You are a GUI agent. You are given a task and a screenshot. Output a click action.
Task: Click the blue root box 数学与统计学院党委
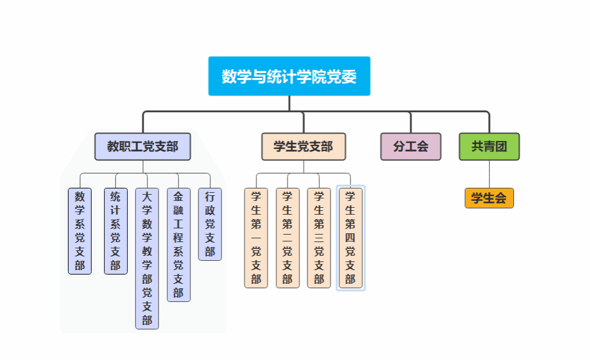click(289, 76)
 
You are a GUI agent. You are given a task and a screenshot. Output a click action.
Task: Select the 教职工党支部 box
click(142, 147)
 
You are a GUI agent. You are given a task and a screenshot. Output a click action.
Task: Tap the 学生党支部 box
click(303, 147)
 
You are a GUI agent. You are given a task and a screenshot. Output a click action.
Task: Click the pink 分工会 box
click(410, 147)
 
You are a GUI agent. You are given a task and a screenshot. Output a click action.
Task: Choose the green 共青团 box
click(489, 147)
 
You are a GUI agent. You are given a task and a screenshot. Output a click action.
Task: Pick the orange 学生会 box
click(489, 198)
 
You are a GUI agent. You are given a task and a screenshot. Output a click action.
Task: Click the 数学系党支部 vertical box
click(80, 231)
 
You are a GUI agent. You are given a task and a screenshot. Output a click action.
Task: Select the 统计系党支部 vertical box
click(115, 231)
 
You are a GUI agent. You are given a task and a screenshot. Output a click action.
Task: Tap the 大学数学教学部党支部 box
click(147, 258)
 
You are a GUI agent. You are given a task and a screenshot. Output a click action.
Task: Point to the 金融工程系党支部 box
click(178, 245)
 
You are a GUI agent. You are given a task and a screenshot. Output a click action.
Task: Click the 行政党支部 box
click(210, 224)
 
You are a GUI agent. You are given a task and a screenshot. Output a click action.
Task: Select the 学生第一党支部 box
click(256, 238)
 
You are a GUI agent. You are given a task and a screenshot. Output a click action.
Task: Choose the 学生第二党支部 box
click(288, 238)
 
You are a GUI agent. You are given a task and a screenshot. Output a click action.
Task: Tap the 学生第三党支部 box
click(319, 238)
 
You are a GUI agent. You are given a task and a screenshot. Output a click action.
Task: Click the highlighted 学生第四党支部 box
click(351, 238)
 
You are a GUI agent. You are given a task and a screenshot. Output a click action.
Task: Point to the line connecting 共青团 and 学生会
click(489, 174)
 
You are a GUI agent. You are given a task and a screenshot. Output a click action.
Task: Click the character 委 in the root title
click(350, 77)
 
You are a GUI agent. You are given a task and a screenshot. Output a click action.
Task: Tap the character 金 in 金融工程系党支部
click(178, 196)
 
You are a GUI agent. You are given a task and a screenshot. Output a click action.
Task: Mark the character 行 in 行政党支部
click(210, 196)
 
